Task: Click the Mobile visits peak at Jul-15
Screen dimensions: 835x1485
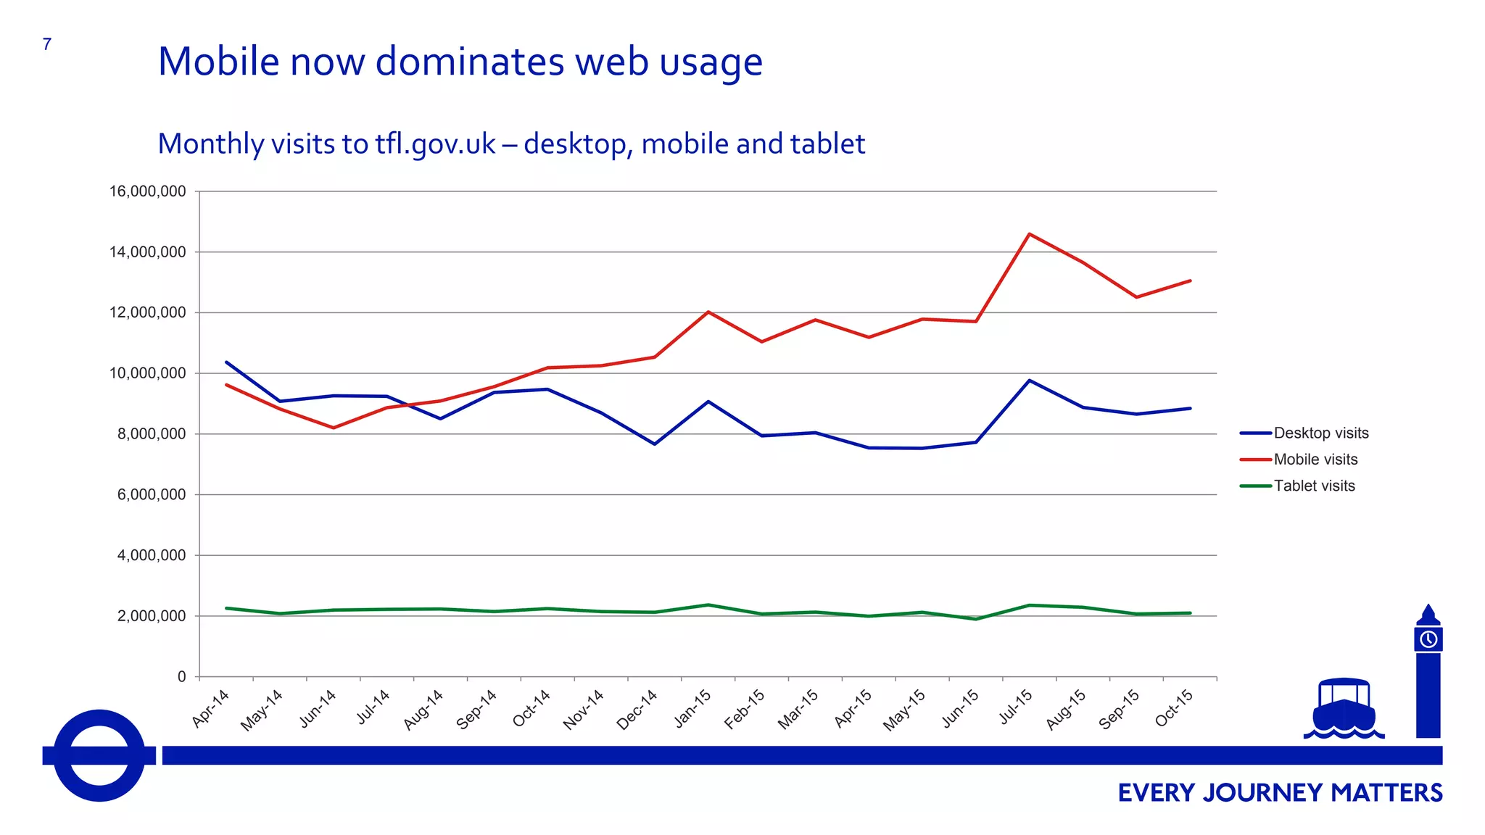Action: pos(1029,234)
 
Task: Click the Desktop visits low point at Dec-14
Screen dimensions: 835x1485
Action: pos(655,444)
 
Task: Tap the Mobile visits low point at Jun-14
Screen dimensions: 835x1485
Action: pos(334,428)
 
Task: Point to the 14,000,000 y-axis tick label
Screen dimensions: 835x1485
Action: pos(147,252)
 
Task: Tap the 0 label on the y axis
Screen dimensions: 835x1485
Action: pos(182,676)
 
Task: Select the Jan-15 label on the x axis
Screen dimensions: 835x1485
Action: pos(693,707)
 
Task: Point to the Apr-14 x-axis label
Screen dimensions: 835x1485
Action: pos(211,707)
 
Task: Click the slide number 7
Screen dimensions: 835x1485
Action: pos(47,44)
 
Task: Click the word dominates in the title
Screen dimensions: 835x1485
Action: pos(470,61)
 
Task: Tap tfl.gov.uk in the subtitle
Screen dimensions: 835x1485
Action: pos(435,144)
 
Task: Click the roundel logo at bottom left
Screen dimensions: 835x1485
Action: pos(99,755)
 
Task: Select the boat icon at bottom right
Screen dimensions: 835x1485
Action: pos(1344,707)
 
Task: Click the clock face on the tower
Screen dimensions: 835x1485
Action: pos(1428,639)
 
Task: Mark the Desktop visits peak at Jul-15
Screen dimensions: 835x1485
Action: pos(1029,381)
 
